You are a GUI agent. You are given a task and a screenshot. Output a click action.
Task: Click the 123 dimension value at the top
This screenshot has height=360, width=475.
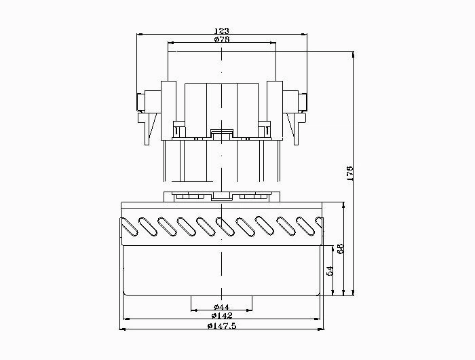222,31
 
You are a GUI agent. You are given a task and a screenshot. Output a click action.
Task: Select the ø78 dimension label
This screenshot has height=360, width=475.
222,39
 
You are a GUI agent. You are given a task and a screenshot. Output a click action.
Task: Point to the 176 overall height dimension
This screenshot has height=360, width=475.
349,173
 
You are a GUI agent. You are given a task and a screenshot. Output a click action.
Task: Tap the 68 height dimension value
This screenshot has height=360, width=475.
340,249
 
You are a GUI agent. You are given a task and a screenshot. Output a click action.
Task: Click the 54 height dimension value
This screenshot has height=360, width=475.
330,270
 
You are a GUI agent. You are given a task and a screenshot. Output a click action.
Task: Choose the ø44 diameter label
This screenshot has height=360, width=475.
221,306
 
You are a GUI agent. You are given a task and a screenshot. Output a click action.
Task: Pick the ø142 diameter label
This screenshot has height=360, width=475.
222,315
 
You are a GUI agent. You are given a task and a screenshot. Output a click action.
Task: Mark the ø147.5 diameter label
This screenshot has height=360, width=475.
222,326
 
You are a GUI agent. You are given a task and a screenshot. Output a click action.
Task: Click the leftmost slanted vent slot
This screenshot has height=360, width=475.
130,227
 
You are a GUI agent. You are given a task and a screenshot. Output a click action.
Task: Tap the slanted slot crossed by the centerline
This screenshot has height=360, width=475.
225,226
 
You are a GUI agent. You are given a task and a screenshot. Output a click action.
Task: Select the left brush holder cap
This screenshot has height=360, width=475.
141,102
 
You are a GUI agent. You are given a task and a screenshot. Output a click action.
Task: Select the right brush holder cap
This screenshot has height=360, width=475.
303,102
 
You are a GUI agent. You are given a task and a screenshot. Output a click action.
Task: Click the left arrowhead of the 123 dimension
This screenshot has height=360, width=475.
140,34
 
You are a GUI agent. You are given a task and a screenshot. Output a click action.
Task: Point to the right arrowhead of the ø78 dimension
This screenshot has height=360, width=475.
273,43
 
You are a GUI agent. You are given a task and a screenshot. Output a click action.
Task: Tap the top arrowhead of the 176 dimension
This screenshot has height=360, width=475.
353,54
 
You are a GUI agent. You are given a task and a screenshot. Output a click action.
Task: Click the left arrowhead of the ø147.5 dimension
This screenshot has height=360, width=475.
122,329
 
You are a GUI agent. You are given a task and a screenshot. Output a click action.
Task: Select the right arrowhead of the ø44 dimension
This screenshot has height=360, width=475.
249,310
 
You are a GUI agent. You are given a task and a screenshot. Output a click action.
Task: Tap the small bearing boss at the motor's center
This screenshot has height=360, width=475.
222,134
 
